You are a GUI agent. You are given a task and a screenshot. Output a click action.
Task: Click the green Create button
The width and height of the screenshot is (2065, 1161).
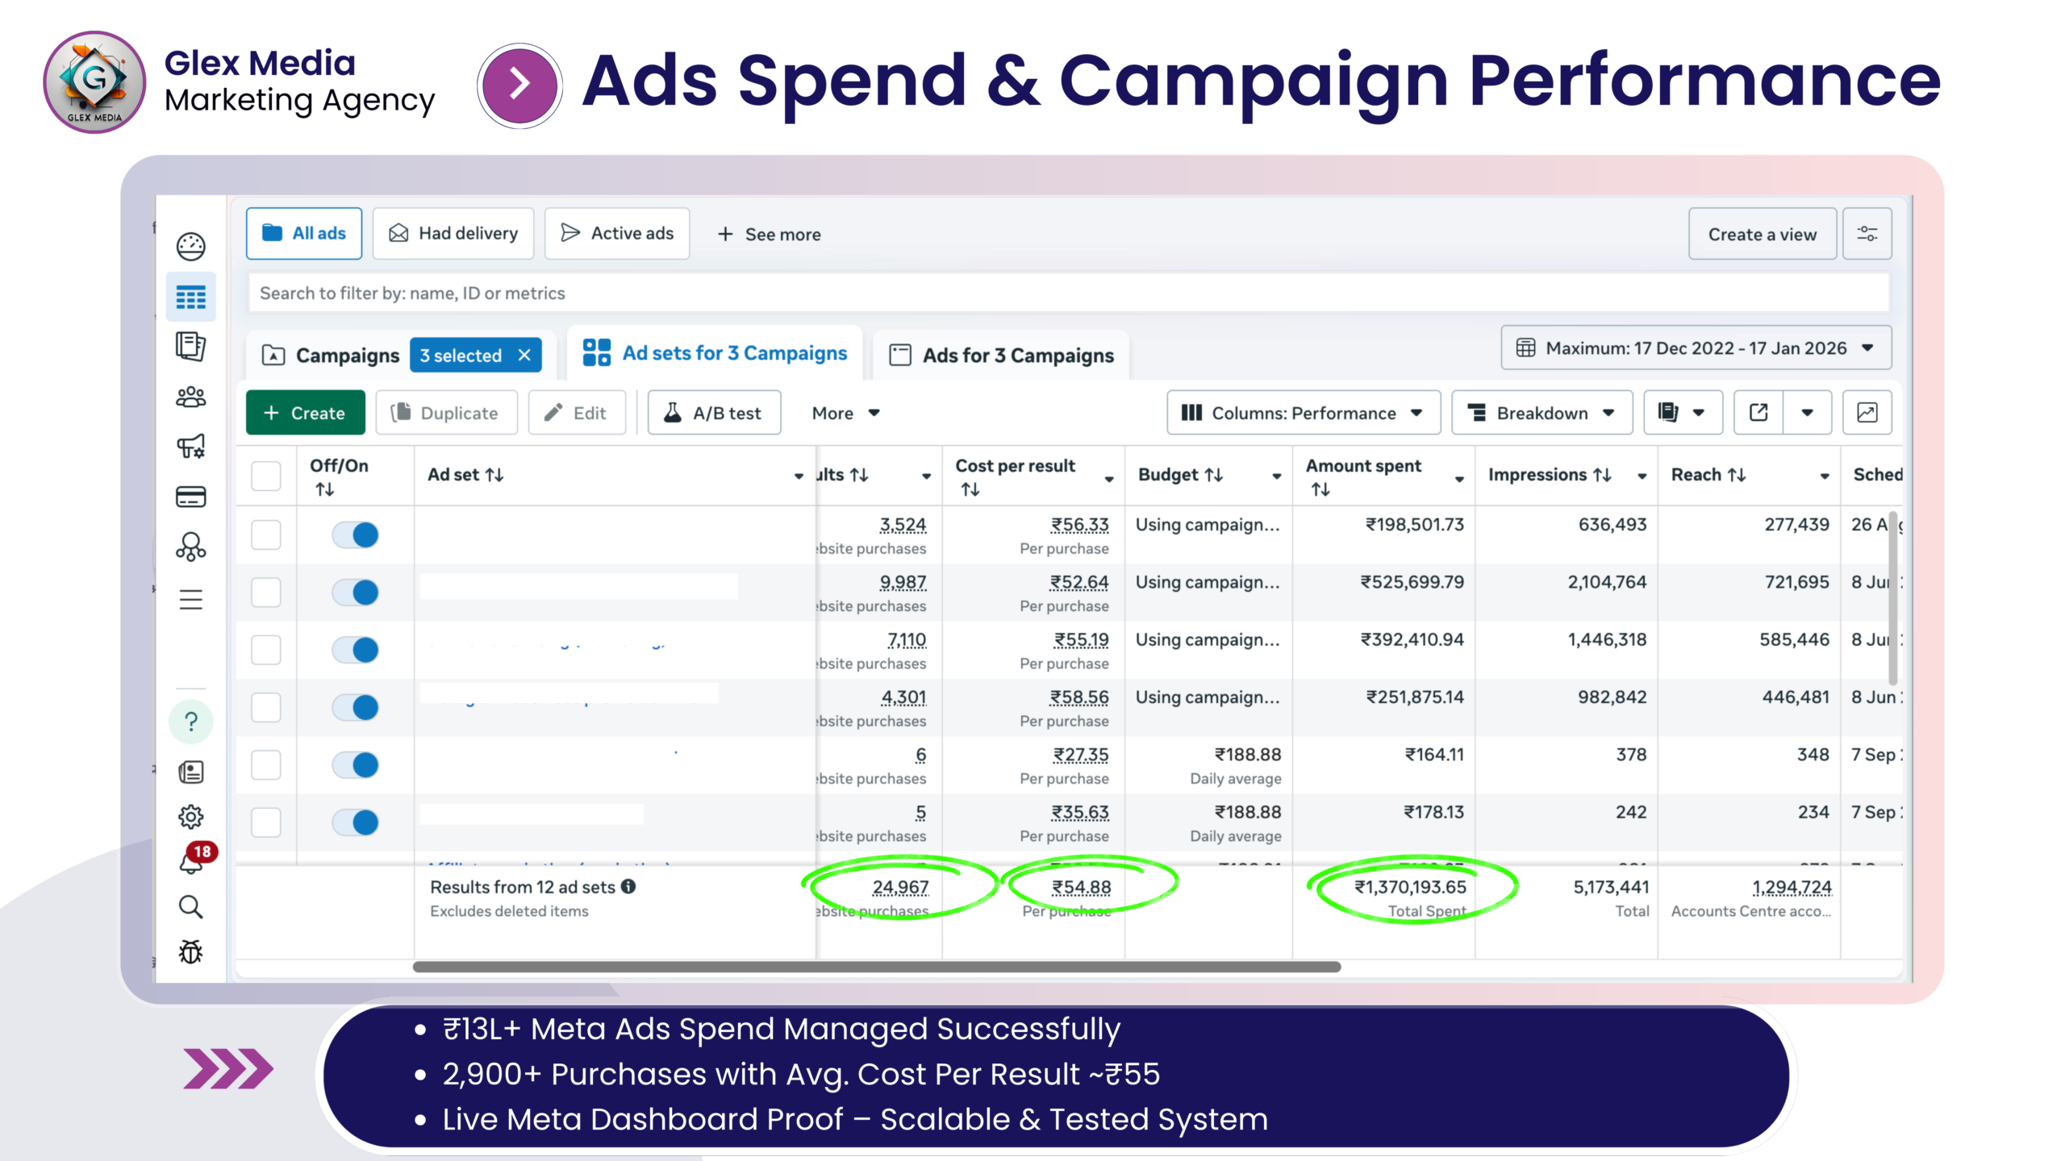(305, 413)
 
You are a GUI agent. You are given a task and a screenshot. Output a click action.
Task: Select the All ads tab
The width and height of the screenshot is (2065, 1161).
(304, 234)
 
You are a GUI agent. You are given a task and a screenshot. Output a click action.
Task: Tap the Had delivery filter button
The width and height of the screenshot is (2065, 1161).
(453, 234)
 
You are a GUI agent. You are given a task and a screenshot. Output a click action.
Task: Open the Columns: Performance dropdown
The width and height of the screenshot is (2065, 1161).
(1303, 413)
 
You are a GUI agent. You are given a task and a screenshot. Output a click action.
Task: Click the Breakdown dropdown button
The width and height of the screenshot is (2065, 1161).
(1541, 413)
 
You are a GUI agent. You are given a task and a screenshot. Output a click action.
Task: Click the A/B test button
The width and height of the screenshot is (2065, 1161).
(714, 413)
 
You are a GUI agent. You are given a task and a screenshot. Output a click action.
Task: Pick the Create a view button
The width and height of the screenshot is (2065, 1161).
(1762, 235)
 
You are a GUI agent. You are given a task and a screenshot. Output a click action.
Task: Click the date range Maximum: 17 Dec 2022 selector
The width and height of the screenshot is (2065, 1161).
(1696, 348)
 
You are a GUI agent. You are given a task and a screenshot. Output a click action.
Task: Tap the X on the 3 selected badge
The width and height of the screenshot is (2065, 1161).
(524, 356)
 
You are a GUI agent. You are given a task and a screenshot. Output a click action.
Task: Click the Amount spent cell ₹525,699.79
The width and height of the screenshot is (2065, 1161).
(1412, 582)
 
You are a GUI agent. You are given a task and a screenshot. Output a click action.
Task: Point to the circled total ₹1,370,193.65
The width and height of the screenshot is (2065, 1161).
(1410, 887)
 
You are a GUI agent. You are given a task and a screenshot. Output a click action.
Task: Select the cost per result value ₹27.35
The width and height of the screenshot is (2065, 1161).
(1081, 755)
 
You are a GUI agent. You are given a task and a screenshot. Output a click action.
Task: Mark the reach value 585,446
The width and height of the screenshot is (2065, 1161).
(1794, 639)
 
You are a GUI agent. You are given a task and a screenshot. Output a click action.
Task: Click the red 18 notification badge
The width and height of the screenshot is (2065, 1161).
(202, 851)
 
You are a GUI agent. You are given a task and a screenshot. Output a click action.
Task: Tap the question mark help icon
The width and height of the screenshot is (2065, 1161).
(191, 721)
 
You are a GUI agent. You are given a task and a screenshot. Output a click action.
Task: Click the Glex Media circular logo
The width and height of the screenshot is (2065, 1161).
(94, 82)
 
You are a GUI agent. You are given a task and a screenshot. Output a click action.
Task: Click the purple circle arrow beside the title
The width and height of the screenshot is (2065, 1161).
(520, 85)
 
